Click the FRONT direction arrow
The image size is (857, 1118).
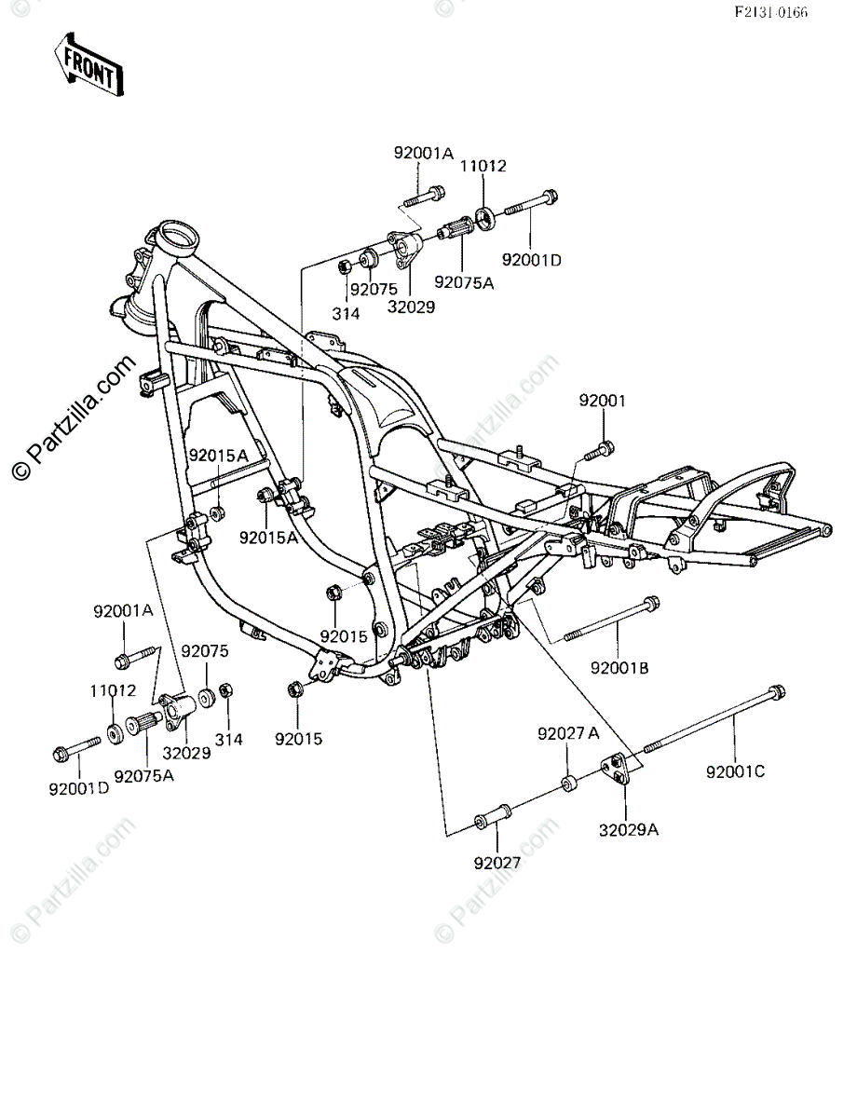pos(89,65)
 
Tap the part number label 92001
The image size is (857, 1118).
pos(603,402)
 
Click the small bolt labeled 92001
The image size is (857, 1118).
pos(599,449)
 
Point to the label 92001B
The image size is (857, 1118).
pos(619,668)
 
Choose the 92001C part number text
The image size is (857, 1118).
pos(736,771)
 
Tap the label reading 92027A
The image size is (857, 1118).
pos(568,733)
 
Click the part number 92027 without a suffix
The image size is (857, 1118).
pos(497,863)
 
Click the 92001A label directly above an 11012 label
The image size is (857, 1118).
pos(123,611)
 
